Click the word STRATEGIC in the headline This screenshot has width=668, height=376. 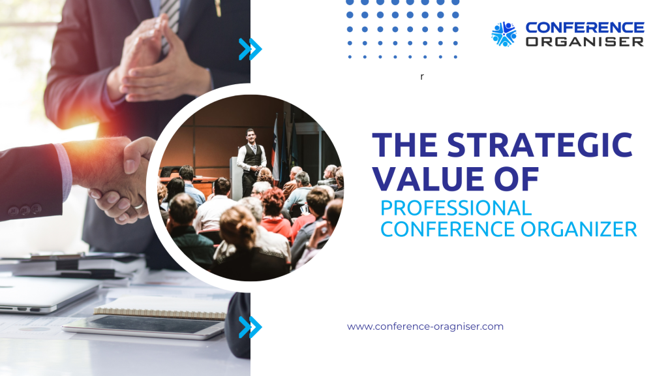click(539, 145)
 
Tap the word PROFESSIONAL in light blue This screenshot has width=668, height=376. click(456, 208)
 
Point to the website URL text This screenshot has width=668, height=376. click(425, 326)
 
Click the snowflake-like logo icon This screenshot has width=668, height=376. click(504, 34)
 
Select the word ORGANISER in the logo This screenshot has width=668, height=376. click(584, 41)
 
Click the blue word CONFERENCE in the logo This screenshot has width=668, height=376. click(584, 27)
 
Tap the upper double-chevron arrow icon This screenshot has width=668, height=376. click(250, 49)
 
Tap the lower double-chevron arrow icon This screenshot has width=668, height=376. click(250, 327)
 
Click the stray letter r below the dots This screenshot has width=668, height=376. click(422, 77)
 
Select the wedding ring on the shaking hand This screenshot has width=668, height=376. click(138, 205)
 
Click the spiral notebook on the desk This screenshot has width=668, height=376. click(160, 308)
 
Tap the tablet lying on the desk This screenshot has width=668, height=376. click(144, 326)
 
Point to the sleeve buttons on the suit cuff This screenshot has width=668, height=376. click(25, 210)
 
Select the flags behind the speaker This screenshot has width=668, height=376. click(283, 149)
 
